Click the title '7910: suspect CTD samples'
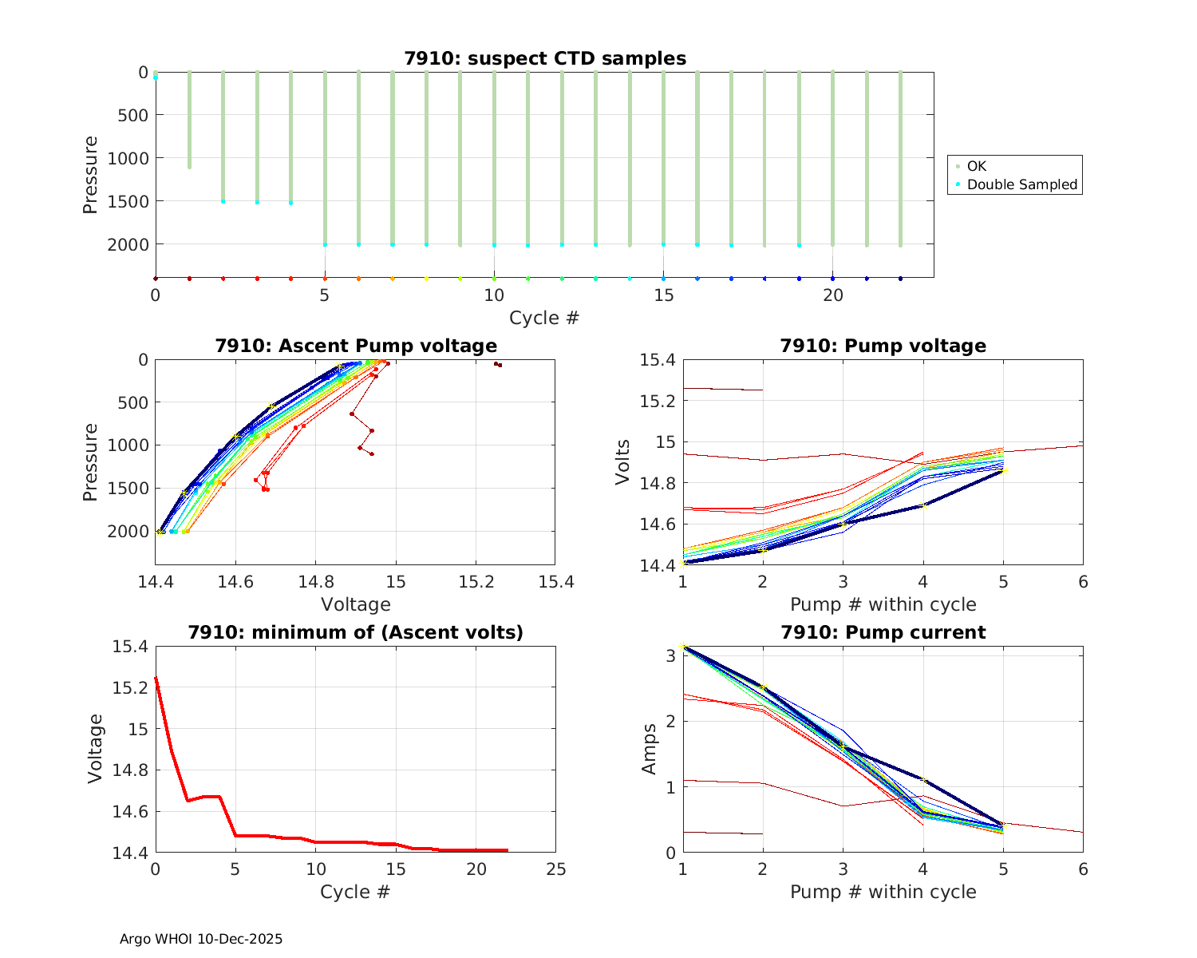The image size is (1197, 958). point(544,58)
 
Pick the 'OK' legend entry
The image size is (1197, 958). point(976,166)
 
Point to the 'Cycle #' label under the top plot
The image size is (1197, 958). point(544,318)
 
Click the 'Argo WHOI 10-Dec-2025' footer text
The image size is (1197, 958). point(201,939)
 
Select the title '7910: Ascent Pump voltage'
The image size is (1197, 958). point(356,346)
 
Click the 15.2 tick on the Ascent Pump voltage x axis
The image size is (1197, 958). point(476,581)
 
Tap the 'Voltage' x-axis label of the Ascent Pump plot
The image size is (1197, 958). point(356,604)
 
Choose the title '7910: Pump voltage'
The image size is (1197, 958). point(883,346)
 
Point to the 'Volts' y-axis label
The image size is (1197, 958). point(622,462)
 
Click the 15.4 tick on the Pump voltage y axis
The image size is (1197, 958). point(658,360)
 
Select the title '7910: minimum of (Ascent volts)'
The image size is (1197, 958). point(356,632)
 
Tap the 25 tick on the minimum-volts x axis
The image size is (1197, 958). point(555,869)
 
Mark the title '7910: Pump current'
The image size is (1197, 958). point(883,632)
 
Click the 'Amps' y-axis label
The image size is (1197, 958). point(650,749)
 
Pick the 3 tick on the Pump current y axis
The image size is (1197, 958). point(670,655)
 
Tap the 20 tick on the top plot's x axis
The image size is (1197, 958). point(833,295)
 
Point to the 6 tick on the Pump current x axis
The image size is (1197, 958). point(1083,869)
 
